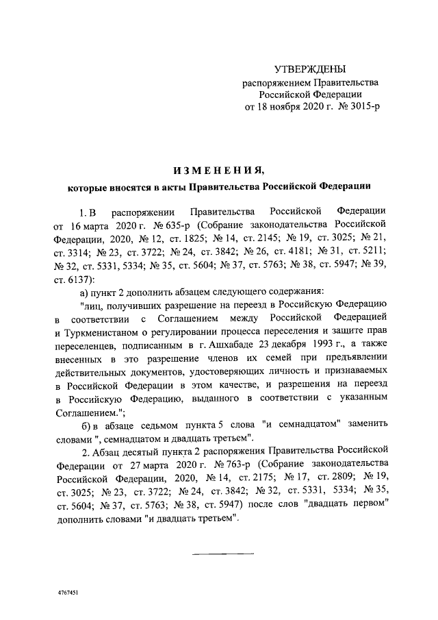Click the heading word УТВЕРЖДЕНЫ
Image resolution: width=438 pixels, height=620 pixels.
point(310,69)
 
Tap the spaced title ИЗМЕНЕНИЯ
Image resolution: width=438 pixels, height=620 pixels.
point(218,169)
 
